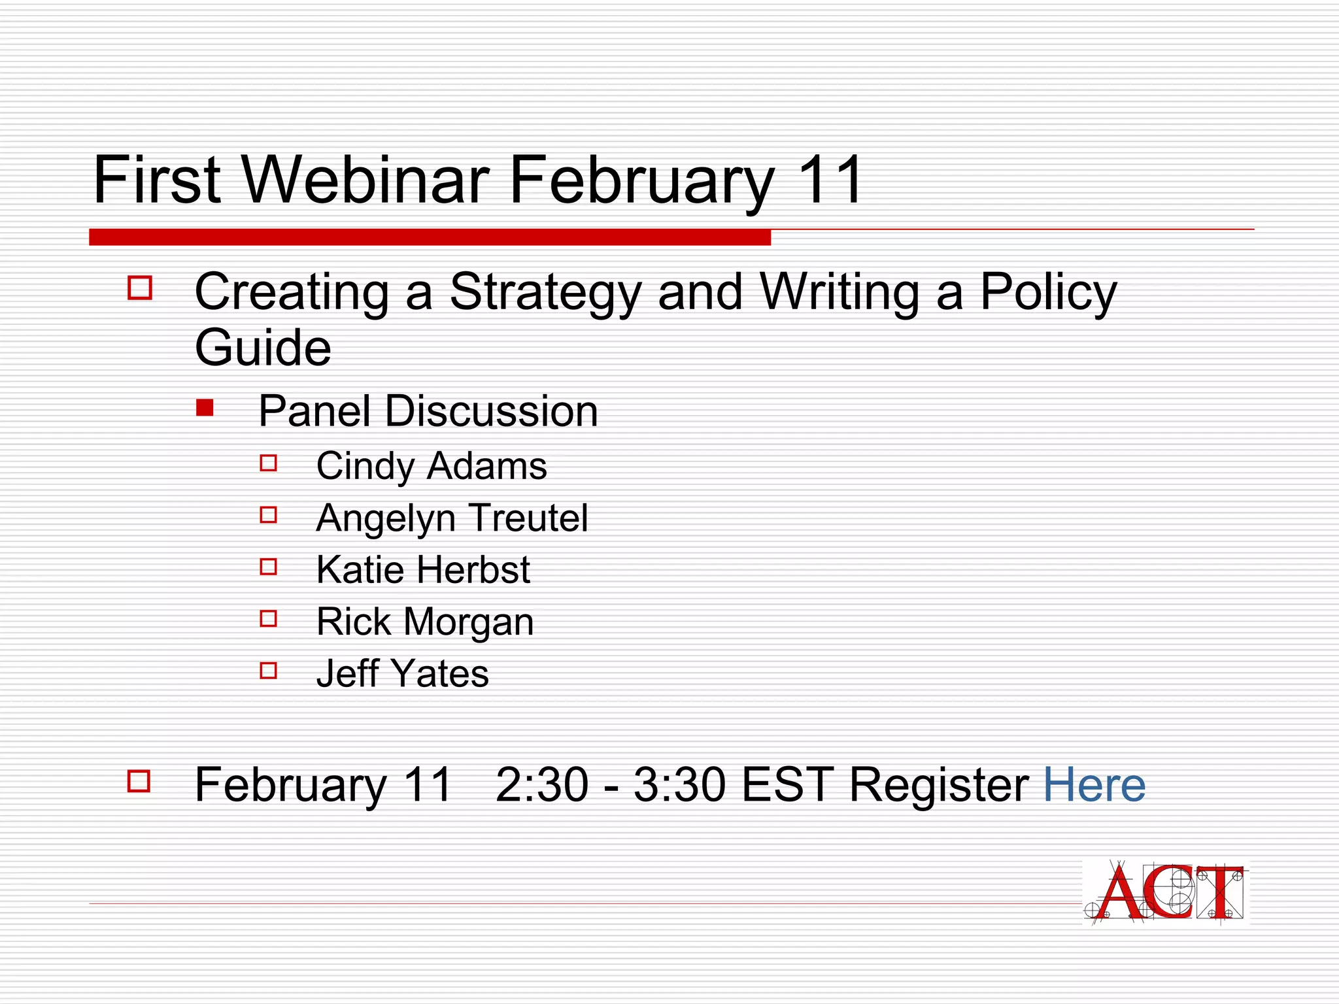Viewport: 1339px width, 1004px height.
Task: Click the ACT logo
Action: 1165,894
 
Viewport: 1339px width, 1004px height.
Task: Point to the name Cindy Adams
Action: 432,467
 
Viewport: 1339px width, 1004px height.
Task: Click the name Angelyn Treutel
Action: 452,518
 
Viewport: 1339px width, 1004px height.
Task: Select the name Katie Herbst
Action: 423,570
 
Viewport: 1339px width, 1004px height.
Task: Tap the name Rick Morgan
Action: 425,622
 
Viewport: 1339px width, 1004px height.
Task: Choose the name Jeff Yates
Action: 402,674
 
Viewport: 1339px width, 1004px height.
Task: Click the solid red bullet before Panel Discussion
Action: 205,409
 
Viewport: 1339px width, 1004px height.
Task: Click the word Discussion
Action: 491,412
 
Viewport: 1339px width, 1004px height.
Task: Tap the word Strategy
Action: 546,293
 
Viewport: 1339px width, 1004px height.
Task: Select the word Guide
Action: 263,348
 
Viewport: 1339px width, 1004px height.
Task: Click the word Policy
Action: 1048,293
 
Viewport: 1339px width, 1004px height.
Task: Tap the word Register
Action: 939,786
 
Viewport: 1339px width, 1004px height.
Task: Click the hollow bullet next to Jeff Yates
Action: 269,671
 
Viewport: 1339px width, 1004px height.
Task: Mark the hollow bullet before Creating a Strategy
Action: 140,288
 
